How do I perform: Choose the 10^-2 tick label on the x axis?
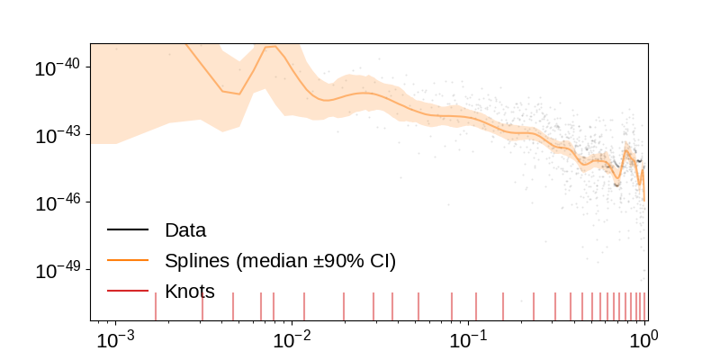291,340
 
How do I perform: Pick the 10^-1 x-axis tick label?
467,340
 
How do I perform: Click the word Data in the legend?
185,230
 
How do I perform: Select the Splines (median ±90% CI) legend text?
280,261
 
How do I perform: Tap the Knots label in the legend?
190,291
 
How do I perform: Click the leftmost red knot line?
155,306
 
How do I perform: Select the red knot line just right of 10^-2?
304,306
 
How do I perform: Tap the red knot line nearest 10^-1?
476,306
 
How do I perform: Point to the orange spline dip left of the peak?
238,93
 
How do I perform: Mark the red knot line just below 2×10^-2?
344,306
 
